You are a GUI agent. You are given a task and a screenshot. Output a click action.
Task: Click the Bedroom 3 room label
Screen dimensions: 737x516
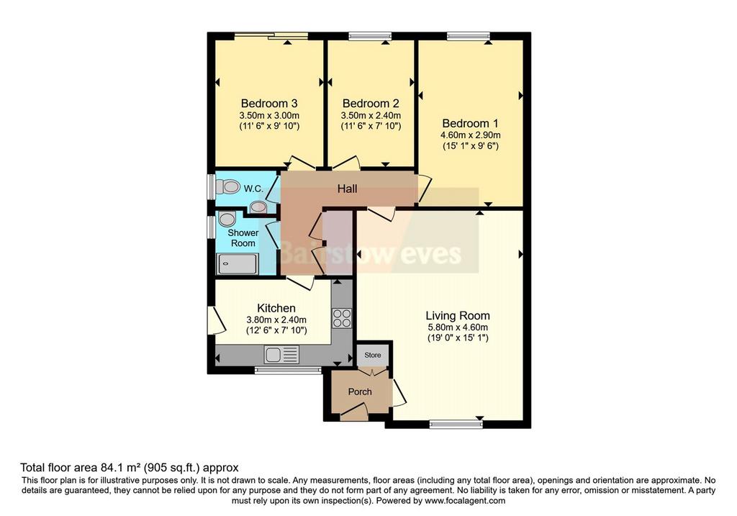(x=269, y=104)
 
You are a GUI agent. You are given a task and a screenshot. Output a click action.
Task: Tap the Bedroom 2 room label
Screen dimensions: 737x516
(x=371, y=104)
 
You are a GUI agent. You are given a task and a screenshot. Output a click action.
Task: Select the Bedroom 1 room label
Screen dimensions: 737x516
(x=470, y=124)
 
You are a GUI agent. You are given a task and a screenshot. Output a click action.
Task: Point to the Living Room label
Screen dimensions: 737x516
(x=458, y=316)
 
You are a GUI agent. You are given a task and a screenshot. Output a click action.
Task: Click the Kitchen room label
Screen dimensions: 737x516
(x=276, y=308)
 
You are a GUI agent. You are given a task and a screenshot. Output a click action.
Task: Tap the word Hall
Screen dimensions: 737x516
(x=348, y=189)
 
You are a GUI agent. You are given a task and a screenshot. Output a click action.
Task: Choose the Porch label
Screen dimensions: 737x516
(x=360, y=392)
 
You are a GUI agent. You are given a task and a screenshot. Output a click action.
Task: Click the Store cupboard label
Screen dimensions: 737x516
(x=373, y=356)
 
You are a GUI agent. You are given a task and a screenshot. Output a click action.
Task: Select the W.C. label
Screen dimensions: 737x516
(x=253, y=189)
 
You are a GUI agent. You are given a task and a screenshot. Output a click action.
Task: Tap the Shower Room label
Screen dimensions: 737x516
(x=243, y=237)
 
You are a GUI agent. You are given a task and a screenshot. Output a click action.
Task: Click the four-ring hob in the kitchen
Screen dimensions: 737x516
(x=342, y=317)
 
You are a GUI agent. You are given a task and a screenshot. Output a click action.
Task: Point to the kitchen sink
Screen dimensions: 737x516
(x=281, y=354)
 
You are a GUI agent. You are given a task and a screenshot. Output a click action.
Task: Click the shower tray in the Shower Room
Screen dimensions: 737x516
(x=237, y=264)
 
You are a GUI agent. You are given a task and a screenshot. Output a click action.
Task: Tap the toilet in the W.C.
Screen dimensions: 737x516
(x=228, y=187)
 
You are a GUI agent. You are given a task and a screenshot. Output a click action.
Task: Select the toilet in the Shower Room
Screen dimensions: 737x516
(x=227, y=219)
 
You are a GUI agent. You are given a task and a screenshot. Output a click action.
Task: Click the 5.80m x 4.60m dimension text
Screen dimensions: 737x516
(x=458, y=327)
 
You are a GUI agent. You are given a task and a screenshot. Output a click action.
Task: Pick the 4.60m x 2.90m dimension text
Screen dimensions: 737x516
(x=470, y=135)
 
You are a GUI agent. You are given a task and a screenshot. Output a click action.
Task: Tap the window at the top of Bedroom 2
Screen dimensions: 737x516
(x=371, y=36)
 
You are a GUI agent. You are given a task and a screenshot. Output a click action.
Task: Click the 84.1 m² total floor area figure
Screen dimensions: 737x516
(x=120, y=468)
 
